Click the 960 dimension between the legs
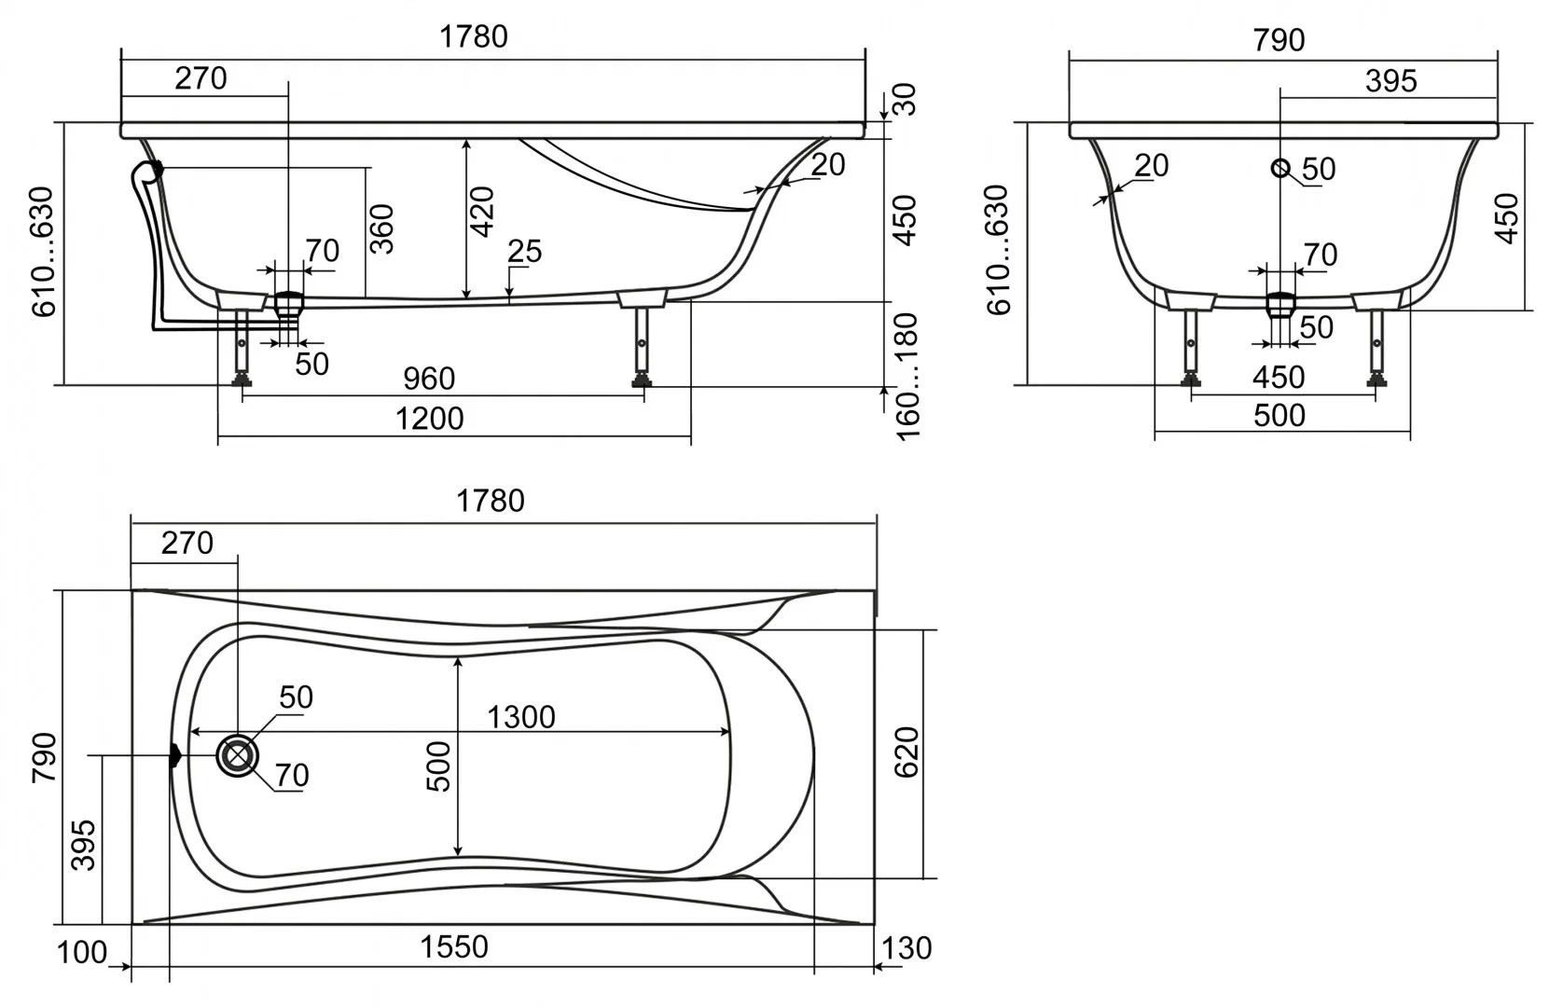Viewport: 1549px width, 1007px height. click(429, 379)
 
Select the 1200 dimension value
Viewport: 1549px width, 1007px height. click(429, 419)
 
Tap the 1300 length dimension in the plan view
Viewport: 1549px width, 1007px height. click(520, 717)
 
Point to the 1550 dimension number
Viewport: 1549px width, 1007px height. click(453, 946)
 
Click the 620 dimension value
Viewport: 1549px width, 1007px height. click(906, 752)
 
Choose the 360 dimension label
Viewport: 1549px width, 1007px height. click(381, 229)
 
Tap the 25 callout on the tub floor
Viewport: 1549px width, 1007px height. click(524, 251)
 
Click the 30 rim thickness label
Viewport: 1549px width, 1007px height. click(906, 99)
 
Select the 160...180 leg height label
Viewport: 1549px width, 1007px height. click(907, 377)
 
